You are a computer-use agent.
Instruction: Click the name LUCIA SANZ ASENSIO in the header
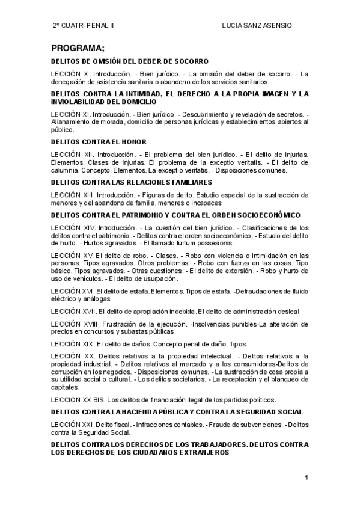(257, 26)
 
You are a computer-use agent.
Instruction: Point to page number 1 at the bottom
(306, 478)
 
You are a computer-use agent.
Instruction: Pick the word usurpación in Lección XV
(159, 278)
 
